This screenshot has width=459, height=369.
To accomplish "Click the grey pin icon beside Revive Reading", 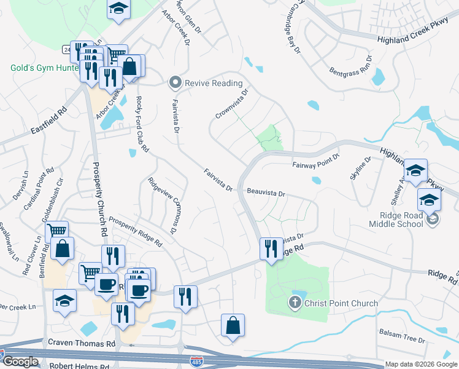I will click(x=175, y=82).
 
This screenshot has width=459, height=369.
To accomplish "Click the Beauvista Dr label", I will click(x=266, y=193).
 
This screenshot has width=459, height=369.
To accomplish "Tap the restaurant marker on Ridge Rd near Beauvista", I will click(x=269, y=248).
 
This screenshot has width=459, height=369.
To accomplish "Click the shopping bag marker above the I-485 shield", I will click(x=233, y=325).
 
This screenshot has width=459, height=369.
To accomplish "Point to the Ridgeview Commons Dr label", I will click(x=161, y=205).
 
